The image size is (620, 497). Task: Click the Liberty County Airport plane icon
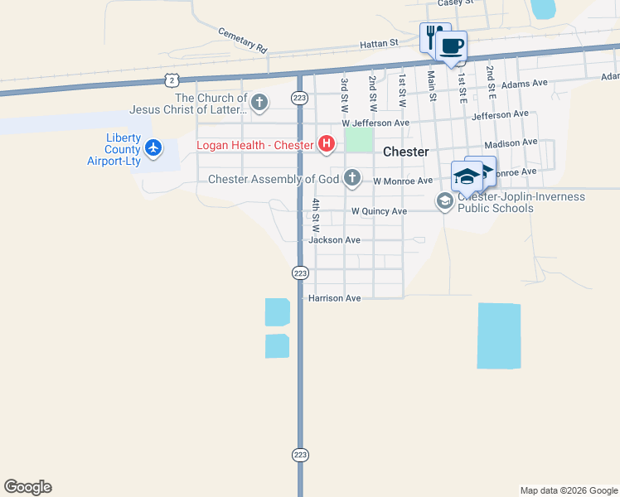click(153, 148)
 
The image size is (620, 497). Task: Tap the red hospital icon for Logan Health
click(327, 145)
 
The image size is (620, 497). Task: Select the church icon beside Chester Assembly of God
click(352, 177)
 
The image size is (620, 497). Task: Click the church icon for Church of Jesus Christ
click(259, 103)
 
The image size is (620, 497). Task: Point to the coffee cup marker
click(451, 46)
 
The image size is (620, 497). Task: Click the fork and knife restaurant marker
click(432, 37)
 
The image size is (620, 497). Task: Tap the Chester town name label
click(406, 152)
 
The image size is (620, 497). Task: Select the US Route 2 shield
click(171, 79)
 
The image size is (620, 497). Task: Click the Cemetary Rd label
click(244, 41)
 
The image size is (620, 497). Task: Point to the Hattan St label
click(380, 42)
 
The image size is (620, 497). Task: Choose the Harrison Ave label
click(335, 298)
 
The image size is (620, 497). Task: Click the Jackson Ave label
click(334, 240)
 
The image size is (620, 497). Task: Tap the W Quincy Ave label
click(379, 211)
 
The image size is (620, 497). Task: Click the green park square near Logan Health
click(359, 139)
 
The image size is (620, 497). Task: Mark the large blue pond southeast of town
click(499, 335)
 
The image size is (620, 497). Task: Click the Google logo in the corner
click(27, 487)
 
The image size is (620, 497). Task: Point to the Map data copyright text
click(568, 490)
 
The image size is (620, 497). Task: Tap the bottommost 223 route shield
click(300, 455)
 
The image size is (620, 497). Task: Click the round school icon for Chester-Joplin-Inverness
click(445, 200)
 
